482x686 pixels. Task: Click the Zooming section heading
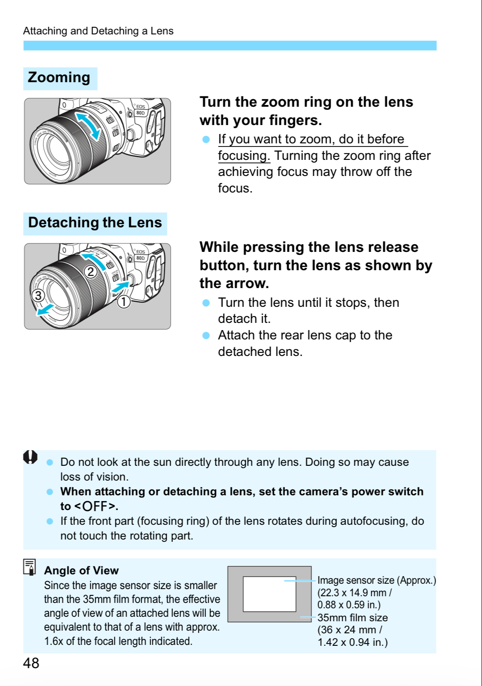(x=59, y=78)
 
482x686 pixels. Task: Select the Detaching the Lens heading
(x=95, y=222)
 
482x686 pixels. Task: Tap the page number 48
(x=31, y=663)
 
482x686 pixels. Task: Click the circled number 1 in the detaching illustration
(x=124, y=302)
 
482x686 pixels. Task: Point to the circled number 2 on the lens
(x=91, y=272)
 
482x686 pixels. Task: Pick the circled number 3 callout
(x=38, y=295)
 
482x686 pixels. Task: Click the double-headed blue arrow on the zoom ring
(x=88, y=125)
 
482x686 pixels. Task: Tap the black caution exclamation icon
(x=30, y=457)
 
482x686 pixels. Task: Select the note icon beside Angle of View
(x=30, y=567)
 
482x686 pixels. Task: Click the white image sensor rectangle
(x=269, y=594)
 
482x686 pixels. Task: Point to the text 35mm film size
(x=352, y=618)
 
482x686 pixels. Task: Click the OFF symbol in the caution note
(x=95, y=506)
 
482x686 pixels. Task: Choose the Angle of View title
(x=81, y=570)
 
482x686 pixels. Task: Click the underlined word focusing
(x=244, y=156)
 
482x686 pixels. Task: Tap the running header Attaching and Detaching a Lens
(x=98, y=31)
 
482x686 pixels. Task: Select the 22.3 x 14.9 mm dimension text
(x=355, y=593)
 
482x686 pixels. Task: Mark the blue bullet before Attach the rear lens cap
(x=206, y=335)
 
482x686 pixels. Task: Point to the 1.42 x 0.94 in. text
(x=352, y=642)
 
